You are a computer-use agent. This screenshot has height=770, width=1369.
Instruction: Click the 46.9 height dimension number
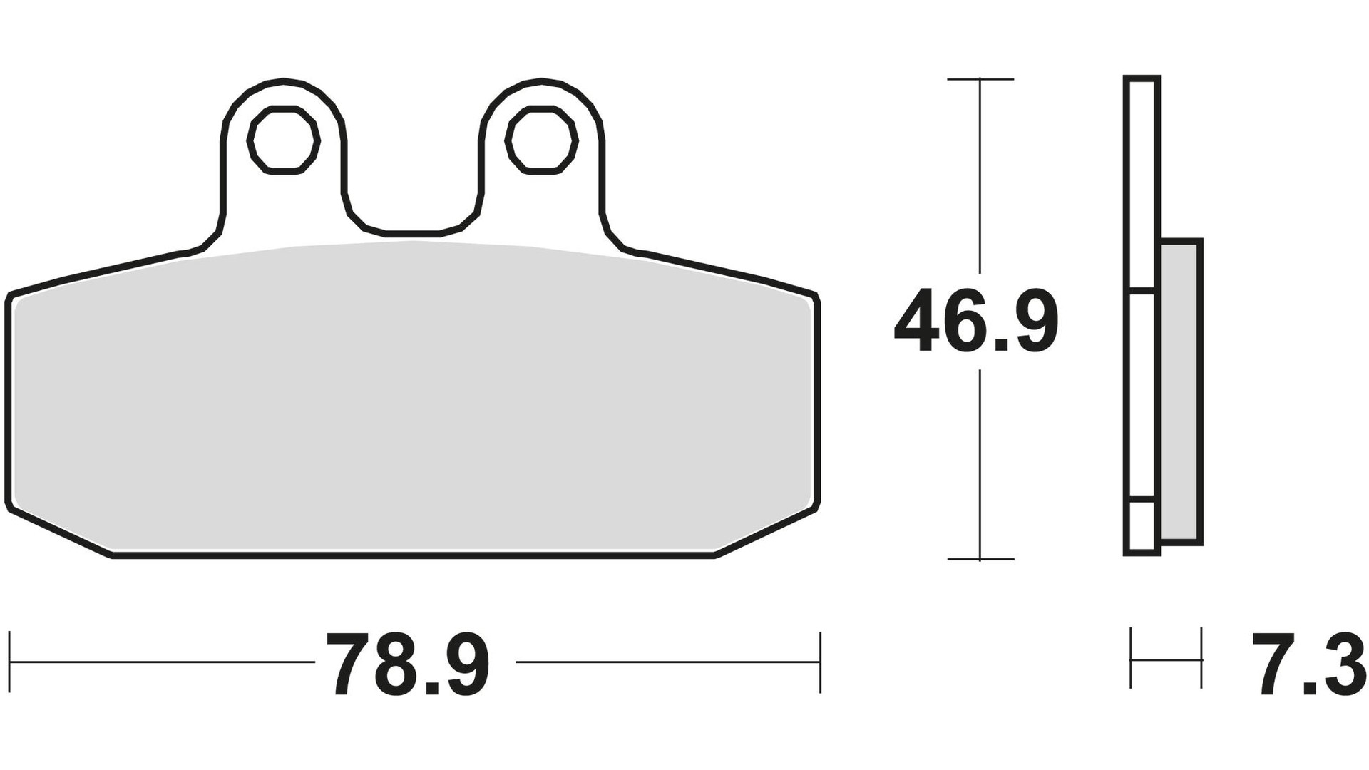click(x=975, y=321)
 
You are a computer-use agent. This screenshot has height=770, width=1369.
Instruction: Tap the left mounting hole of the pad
click(x=283, y=140)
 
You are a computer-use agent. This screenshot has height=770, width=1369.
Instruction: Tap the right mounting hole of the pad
click(x=542, y=140)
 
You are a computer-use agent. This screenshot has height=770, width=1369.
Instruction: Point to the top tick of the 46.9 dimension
click(x=980, y=79)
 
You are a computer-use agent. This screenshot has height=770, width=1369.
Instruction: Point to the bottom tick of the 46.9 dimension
click(x=980, y=559)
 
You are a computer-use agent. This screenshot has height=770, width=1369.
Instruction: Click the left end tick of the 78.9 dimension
click(x=10, y=662)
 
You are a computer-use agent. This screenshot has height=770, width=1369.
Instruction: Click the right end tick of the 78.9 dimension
click(x=820, y=662)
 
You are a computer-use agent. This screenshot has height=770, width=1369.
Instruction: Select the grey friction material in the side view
click(x=1180, y=392)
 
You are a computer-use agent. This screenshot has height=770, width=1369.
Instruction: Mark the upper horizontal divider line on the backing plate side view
click(x=1142, y=291)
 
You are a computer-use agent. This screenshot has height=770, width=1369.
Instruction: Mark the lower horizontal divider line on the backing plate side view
click(x=1142, y=499)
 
